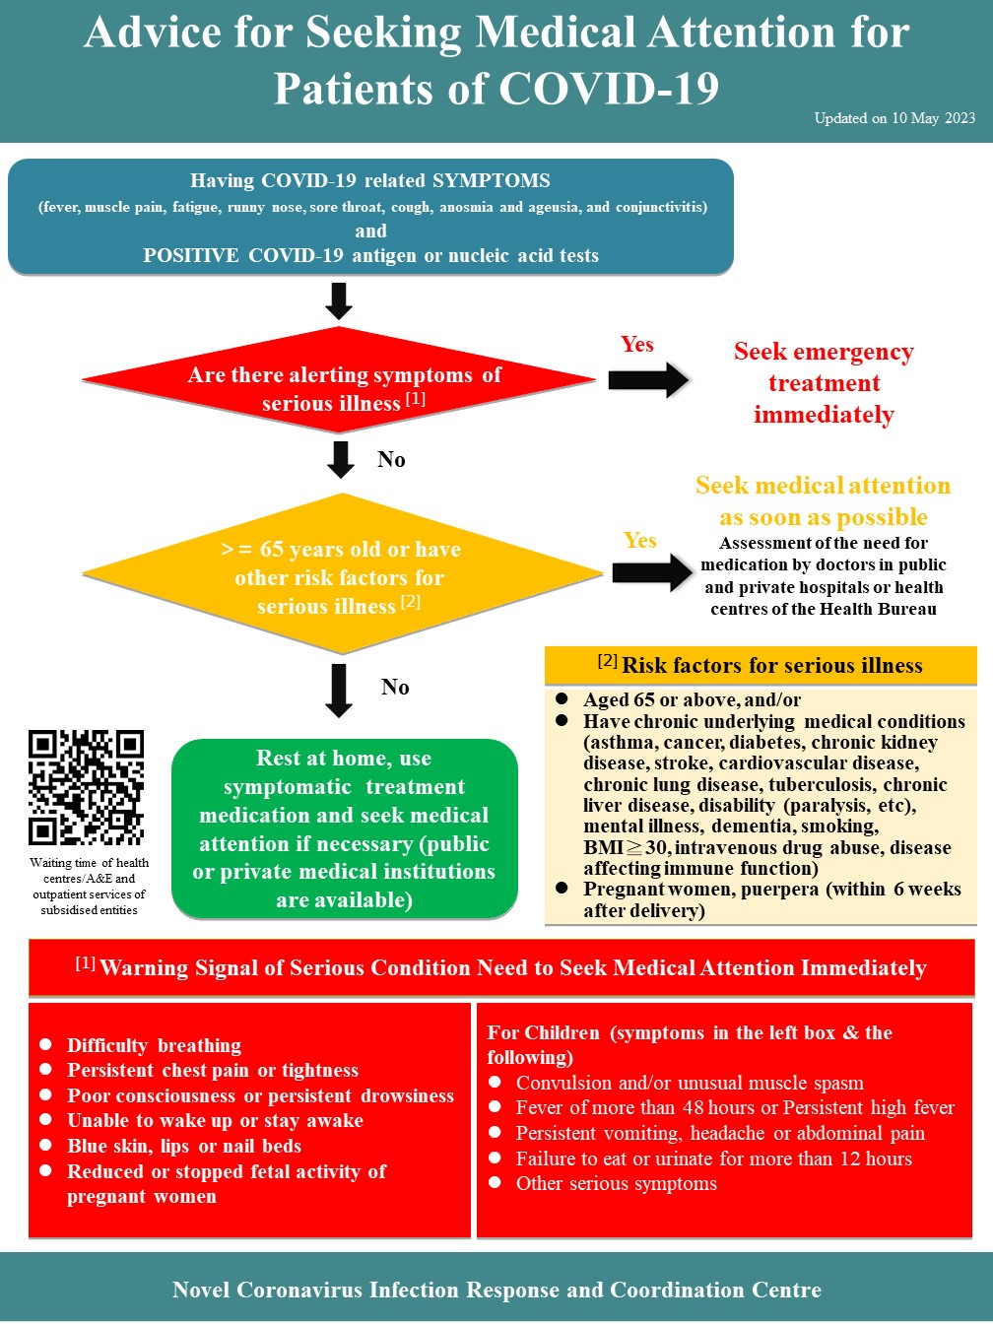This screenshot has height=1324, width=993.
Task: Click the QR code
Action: click(x=86, y=787)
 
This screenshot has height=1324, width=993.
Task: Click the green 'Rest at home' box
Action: click(x=344, y=828)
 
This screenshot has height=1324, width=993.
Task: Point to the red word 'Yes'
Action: click(x=637, y=344)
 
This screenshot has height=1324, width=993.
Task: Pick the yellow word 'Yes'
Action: click(x=640, y=540)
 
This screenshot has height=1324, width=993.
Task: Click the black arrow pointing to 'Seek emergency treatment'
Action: click(x=648, y=380)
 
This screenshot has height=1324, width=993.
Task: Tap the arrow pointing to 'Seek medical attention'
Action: click(x=652, y=572)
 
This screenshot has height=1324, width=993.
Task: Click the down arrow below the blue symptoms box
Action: click(x=339, y=301)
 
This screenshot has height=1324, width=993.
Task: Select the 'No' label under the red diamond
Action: click(x=391, y=459)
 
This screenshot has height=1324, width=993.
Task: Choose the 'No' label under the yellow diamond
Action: click(x=395, y=687)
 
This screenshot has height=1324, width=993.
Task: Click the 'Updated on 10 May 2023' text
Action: click(x=894, y=118)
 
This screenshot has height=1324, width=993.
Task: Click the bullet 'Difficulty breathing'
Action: click(x=154, y=1045)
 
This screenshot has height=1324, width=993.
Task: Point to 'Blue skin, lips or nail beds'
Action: click(x=184, y=1146)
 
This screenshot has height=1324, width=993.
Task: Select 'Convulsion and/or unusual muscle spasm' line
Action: click(x=690, y=1083)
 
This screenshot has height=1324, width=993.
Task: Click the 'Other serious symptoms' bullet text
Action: click(x=617, y=1183)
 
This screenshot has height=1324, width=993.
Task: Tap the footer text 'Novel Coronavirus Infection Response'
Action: click(x=496, y=1290)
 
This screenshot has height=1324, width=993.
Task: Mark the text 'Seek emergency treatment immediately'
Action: click(x=824, y=383)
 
